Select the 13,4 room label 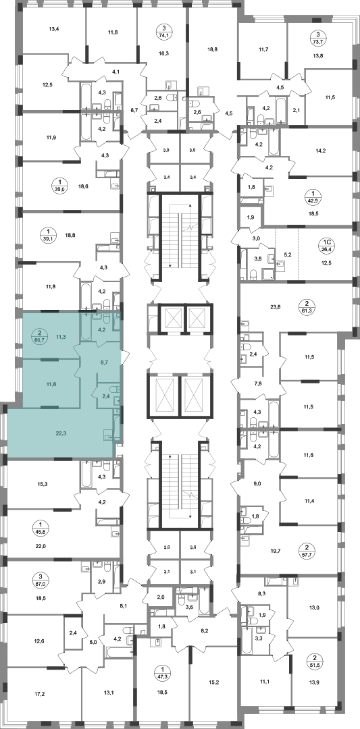[54, 29]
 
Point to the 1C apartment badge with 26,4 [328, 244]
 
